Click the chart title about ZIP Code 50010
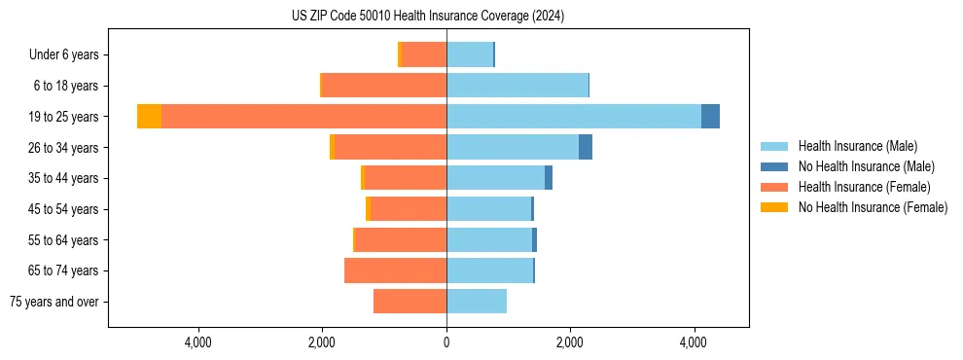tap(428, 17)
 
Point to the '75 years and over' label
tap(53, 302)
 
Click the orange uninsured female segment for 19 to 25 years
tap(149, 117)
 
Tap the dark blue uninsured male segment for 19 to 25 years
tap(710, 117)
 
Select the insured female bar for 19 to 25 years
tap(303, 117)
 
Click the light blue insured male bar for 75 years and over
tap(477, 302)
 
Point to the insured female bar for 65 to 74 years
tap(395, 270)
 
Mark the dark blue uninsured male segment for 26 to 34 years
tap(585, 147)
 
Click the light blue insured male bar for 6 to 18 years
tap(517, 86)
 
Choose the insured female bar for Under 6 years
tap(424, 54)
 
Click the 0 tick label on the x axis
tap(446, 342)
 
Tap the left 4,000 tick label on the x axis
tap(198, 342)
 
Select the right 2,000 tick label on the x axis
tap(570, 342)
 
